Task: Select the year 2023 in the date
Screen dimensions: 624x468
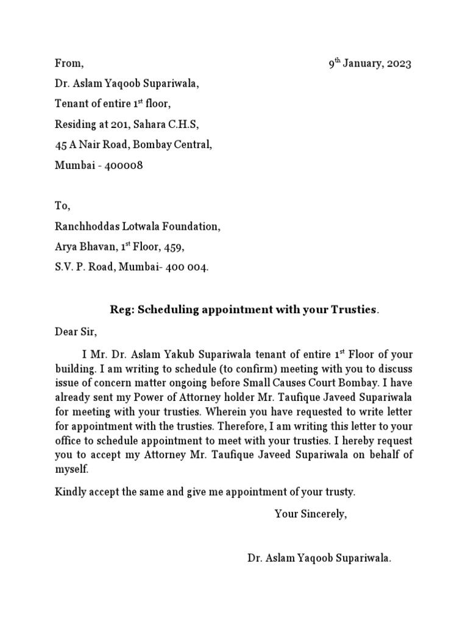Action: tap(398, 64)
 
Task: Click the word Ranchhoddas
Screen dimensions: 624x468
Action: tap(83, 227)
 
